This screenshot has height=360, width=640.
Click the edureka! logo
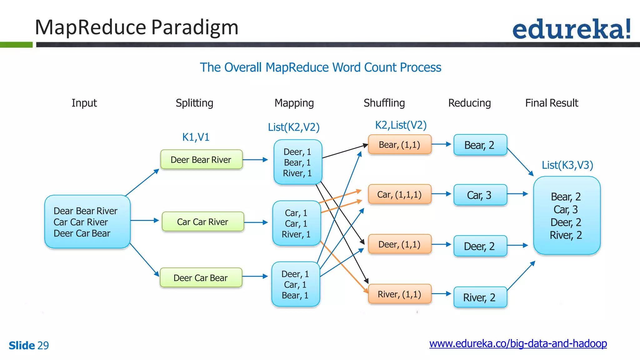[x=571, y=29]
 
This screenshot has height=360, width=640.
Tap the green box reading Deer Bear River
[x=201, y=160]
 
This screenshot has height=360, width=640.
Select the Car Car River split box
[x=203, y=222]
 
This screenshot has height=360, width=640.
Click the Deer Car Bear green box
[x=201, y=278]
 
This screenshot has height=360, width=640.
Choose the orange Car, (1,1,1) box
[x=399, y=194]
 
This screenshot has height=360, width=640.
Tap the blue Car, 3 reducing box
[x=480, y=195]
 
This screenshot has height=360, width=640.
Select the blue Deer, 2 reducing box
[x=480, y=246]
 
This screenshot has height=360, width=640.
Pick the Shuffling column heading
[x=384, y=103]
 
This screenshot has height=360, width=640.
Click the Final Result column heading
[x=552, y=103]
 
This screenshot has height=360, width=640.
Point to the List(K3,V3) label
[x=567, y=165]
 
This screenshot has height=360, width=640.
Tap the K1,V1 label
[x=196, y=137]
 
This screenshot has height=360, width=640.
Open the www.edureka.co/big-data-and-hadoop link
[x=518, y=343]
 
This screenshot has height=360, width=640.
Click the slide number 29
[x=43, y=345]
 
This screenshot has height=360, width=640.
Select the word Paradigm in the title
[x=195, y=27]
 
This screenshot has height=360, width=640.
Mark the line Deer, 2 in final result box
[x=566, y=222]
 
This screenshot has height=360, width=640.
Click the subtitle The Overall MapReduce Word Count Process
[x=320, y=67]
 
